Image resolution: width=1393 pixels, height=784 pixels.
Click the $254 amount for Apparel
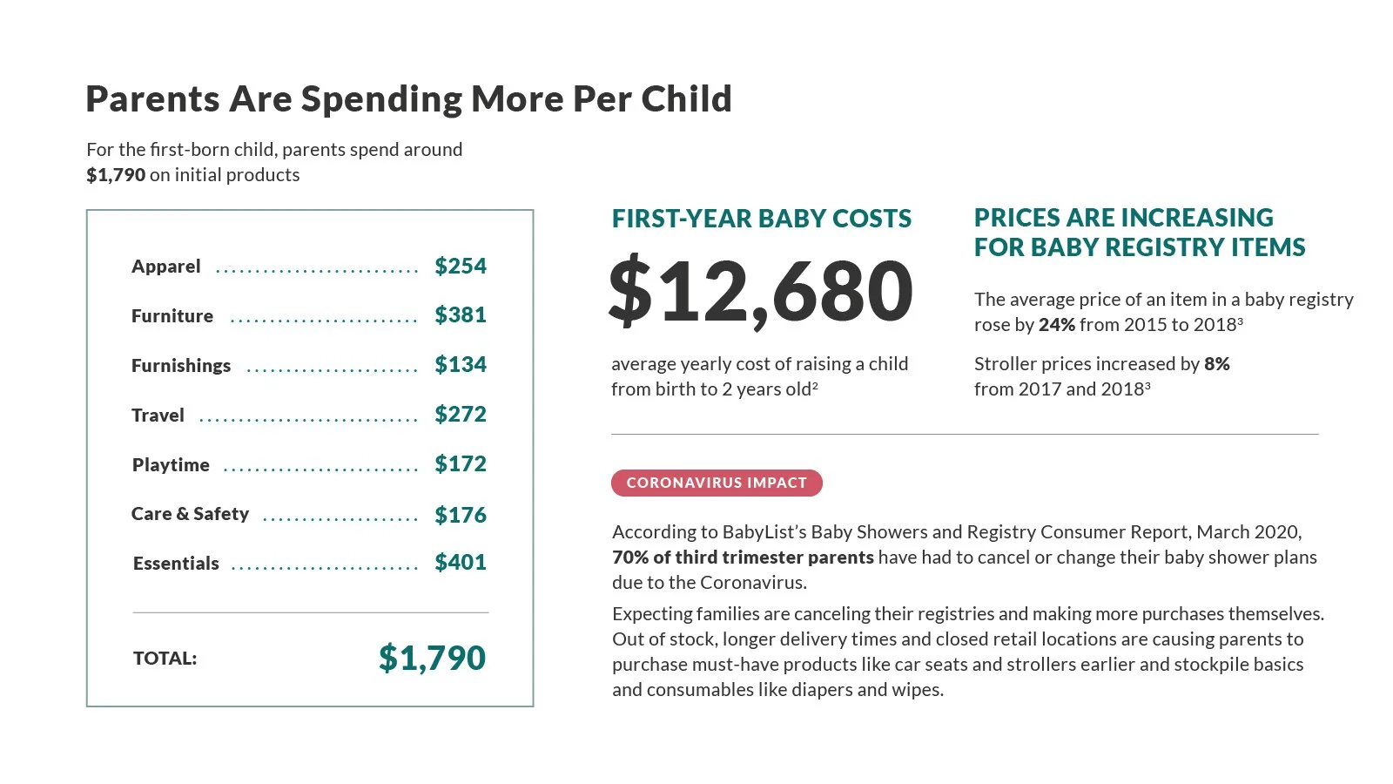pos(461,267)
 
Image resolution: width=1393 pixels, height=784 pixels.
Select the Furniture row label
pos(172,316)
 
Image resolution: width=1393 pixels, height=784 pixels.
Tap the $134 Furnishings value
pos(461,365)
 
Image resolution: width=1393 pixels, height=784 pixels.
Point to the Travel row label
pos(158,415)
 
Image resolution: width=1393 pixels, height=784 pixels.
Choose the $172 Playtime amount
pos(461,464)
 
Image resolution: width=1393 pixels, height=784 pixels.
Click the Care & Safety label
pos(191,514)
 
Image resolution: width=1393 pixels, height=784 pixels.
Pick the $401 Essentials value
pos(461,563)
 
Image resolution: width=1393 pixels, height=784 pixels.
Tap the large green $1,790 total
pos(432,659)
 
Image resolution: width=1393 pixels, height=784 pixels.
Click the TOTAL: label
pos(165,659)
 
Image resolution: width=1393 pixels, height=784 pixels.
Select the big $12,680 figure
pos(761,291)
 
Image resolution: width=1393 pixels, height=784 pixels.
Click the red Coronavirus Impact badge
pos(717,483)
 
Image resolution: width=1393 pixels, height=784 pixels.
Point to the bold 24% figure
pos(1057,325)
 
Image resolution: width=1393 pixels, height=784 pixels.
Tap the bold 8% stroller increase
pos(1217,364)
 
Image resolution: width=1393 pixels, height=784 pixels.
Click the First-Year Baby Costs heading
pos(761,219)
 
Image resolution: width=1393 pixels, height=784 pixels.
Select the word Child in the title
pos(687,99)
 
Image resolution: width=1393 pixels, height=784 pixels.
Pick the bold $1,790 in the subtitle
pos(116,175)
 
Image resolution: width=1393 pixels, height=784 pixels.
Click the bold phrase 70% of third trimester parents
pos(744,558)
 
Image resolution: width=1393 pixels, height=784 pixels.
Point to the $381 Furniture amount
pos(461,315)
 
